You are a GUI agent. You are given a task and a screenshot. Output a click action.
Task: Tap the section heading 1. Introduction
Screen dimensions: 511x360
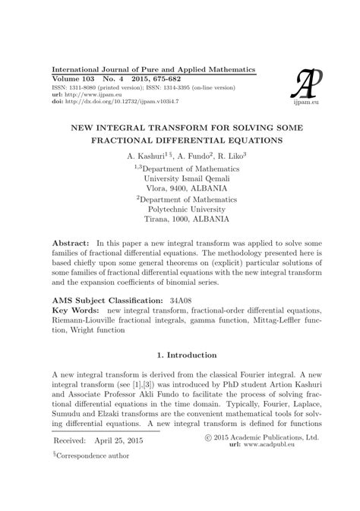pyautogui.click(x=179, y=355)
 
